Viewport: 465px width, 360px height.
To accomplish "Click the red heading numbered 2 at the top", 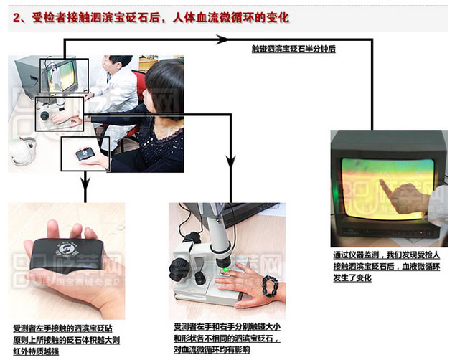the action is [151, 18].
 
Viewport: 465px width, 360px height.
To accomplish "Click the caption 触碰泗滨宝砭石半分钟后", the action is [293, 49].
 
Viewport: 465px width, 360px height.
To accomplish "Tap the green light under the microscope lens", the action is [226, 270].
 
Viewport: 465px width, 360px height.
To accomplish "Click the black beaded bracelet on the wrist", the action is [270, 285].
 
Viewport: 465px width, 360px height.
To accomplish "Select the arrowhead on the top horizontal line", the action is [222, 39].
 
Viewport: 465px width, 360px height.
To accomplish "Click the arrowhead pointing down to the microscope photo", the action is [231, 162].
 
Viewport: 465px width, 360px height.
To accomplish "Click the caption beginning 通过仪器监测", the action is [386, 266].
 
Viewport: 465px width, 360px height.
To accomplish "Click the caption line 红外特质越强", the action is [36, 351].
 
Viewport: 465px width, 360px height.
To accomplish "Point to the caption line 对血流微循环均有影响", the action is [212, 350].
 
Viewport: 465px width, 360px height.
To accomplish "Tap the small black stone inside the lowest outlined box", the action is [85, 154].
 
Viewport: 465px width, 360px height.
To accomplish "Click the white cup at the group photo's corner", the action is [22, 151].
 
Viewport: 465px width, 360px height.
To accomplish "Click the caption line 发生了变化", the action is [352, 278].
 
